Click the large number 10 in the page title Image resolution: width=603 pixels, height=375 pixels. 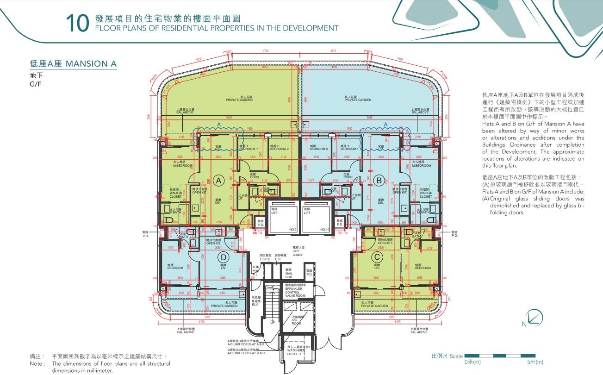(x=77, y=24)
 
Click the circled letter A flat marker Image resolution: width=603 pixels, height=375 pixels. (x=220, y=180)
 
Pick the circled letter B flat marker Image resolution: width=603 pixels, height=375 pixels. (x=379, y=180)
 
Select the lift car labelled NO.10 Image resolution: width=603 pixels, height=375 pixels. (x=317, y=218)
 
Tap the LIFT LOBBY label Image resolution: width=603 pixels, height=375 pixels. (x=297, y=252)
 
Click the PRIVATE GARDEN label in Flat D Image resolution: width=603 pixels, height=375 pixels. (x=224, y=305)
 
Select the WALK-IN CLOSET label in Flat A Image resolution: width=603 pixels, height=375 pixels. (x=176, y=193)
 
